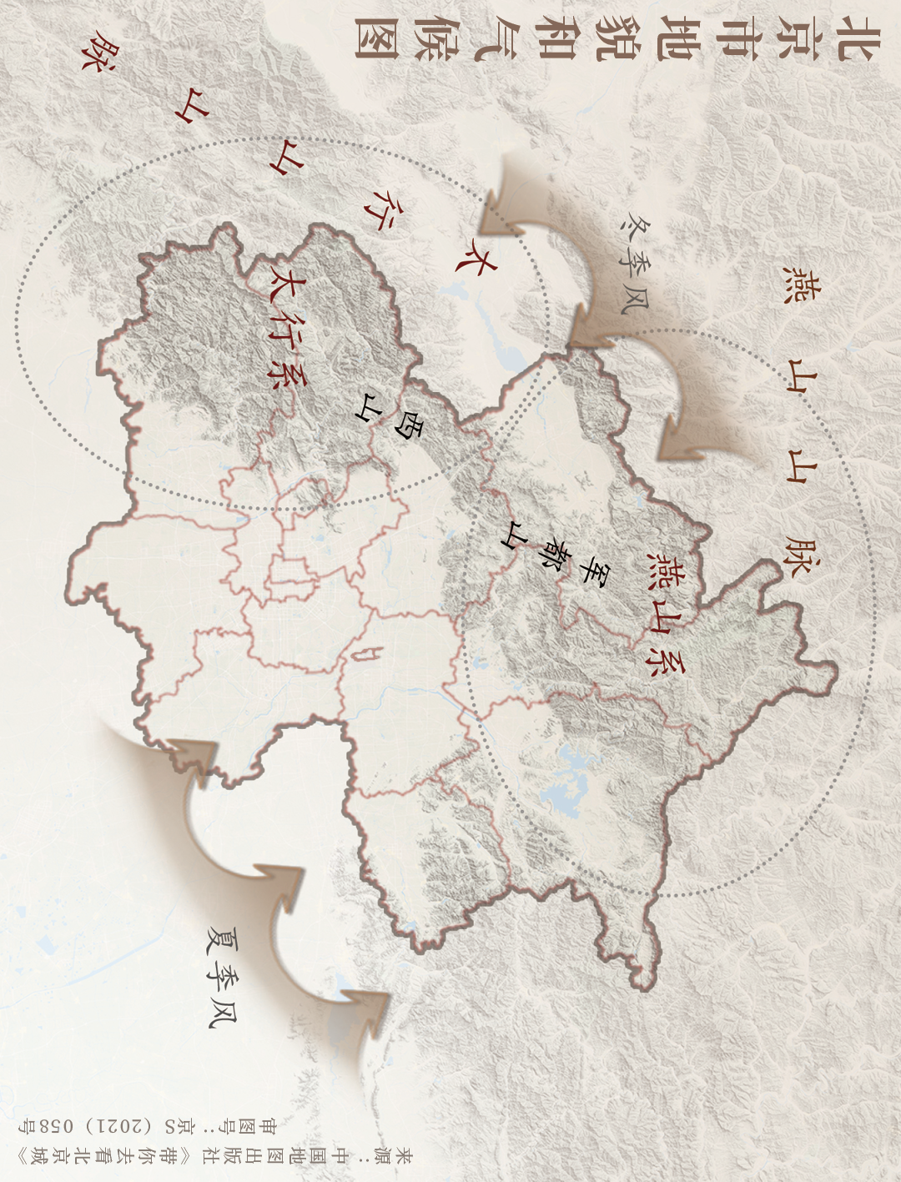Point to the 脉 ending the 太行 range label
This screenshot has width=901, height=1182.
click(x=98, y=52)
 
